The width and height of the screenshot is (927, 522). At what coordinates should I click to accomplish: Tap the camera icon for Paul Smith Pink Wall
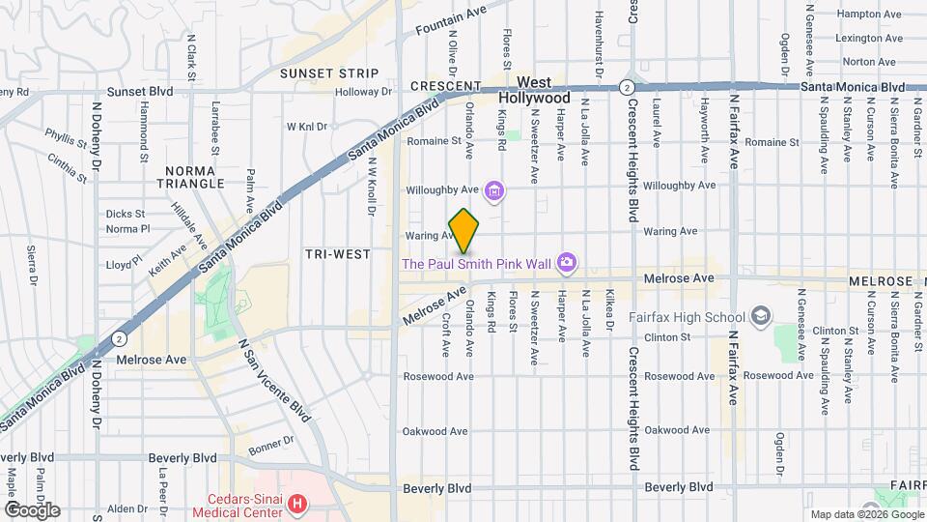pyautogui.click(x=568, y=262)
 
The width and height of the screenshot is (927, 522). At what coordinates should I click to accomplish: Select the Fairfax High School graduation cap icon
pyautogui.click(x=761, y=317)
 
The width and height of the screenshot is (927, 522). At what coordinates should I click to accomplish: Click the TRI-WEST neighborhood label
pyautogui.click(x=337, y=254)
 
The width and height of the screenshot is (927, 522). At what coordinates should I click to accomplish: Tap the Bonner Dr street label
pyautogui.click(x=267, y=444)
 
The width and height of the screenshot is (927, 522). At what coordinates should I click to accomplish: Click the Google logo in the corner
pyautogui.click(x=32, y=509)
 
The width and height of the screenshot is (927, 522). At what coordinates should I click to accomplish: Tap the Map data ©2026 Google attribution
pyautogui.click(x=864, y=514)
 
